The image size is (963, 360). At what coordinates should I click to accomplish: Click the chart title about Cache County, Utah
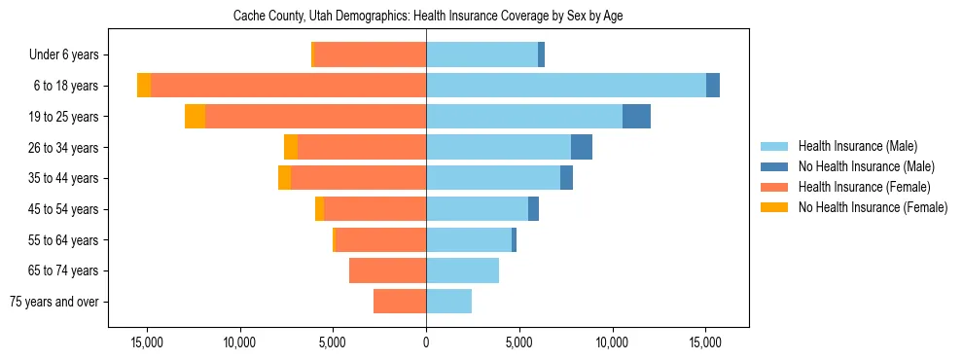(426, 17)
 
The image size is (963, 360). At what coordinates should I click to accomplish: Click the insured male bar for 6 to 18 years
(565, 86)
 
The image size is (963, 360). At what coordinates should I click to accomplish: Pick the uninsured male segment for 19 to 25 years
(636, 117)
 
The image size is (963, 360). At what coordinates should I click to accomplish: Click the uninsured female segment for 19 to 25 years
(195, 117)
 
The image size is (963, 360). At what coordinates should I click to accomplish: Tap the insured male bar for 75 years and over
(448, 302)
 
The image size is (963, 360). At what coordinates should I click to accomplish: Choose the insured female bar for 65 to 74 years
(387, 270)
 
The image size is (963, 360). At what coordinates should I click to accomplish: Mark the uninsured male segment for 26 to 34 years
(582, 147)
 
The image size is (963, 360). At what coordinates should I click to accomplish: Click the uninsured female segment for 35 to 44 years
(284, 178)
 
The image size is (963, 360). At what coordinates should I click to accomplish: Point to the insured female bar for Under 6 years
(370, 55)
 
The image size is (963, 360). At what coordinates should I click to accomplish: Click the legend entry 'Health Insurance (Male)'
(857, 146)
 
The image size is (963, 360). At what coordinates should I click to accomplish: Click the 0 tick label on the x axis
(426, 343)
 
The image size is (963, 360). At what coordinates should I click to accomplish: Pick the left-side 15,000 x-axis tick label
(147, 343)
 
